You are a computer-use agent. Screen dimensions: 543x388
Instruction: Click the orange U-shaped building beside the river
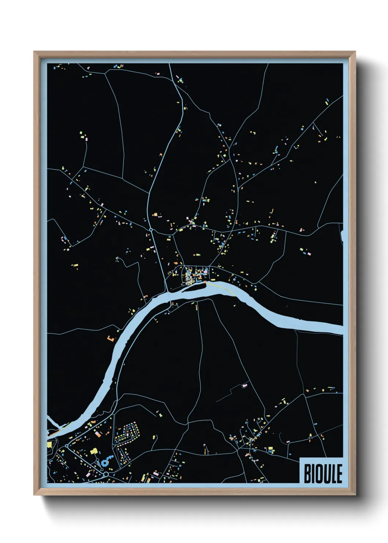tap(110, 338)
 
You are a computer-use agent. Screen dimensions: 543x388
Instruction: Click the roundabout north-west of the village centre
tap(151, 230)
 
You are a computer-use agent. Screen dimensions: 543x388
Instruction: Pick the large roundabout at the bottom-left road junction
tap(106, 474)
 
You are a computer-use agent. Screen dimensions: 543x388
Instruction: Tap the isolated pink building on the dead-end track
tap(245, 385)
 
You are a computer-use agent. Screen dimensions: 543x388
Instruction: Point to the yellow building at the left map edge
tap(49, 444)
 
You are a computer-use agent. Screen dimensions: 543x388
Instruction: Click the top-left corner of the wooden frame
tap(35, 52)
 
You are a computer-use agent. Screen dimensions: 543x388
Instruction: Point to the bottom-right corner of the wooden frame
tap(355, 495)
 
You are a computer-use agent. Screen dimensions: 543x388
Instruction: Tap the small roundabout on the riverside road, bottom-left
tap(66, 446)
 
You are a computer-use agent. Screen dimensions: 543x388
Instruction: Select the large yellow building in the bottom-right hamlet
tap(271, 449)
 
